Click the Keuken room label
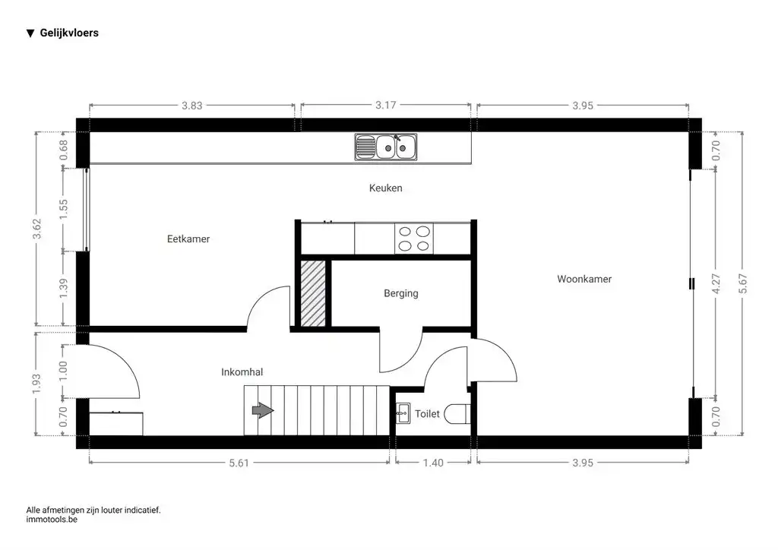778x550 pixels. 385,188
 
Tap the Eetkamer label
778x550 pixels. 188,239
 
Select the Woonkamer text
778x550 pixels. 584,279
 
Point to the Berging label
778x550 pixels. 400,293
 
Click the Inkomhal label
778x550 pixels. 242,372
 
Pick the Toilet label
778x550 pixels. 427,414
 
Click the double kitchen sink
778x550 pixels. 385,147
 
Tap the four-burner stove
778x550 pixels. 413,239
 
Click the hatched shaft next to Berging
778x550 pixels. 313,293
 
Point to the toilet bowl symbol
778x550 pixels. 458,415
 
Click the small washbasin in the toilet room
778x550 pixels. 403,414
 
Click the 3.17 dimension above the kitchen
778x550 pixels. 385,106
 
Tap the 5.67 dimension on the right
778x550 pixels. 743,283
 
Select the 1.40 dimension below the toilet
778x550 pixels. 434,462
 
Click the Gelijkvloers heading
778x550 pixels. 68,33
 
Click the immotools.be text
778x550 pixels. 52,520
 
